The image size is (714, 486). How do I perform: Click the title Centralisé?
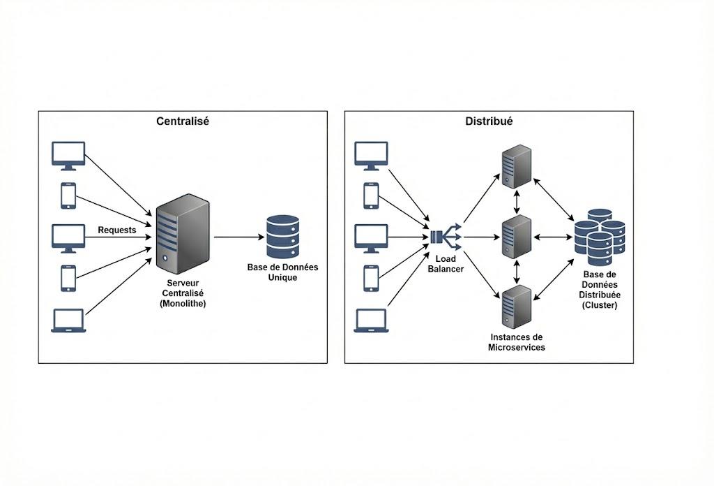coord(183,121)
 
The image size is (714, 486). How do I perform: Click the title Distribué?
coord(489,121)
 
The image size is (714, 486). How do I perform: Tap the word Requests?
coord(117,230)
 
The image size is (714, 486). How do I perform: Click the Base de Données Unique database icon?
coord(282,237)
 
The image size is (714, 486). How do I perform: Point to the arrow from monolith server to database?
coord(237,237)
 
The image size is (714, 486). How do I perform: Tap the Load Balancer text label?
coord(446,263)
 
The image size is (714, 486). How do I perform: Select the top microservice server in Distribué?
coord(516,166)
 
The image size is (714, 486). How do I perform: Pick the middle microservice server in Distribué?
coord(516,237)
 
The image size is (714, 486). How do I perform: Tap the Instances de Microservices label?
coord(517,341)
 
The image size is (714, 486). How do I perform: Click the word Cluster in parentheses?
coord(600,305)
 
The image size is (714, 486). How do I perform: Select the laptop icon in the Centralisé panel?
coord(68,321)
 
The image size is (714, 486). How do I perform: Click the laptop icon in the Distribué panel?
coord(371,321)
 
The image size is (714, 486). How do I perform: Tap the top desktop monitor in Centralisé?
coord(68,155)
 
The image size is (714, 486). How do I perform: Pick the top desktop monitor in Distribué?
coord(371,155)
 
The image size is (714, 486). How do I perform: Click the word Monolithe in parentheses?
coord(183,304)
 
